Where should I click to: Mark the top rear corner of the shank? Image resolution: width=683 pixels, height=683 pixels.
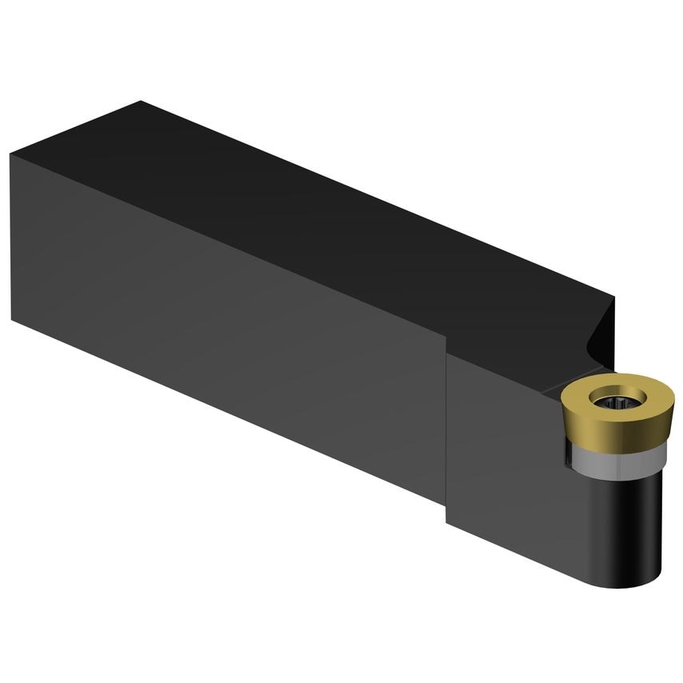pos(141,102)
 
